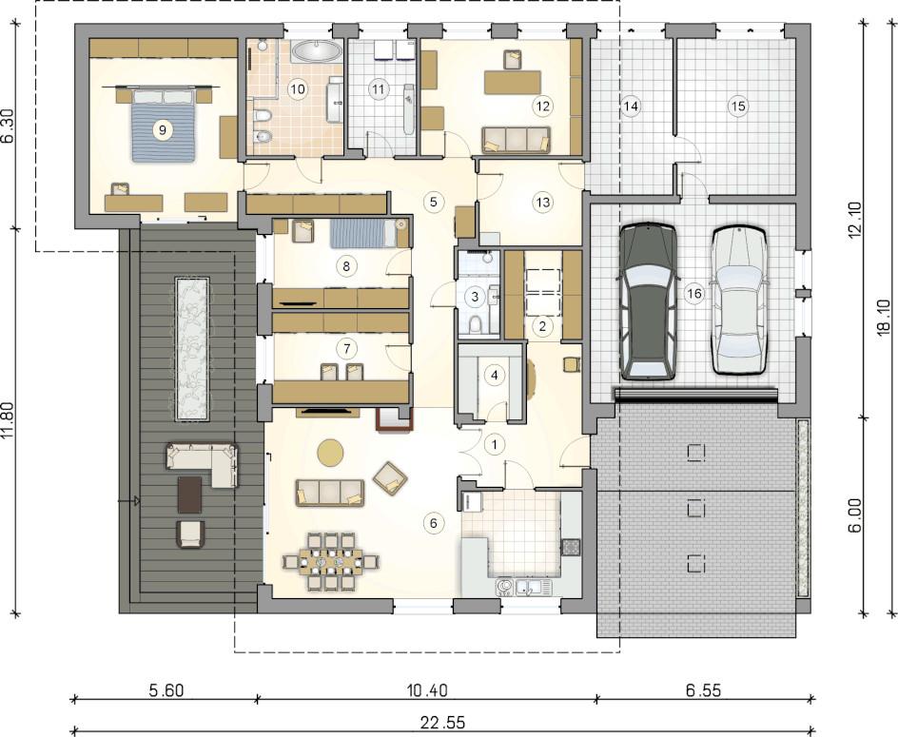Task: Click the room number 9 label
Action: tap(163, 130)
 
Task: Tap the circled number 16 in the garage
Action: tap(693, 294)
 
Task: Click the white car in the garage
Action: tap(739, 301)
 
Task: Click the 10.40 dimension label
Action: tap(427, 690)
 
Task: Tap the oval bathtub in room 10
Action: tap(316, 51)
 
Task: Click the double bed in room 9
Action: tap(164, 125)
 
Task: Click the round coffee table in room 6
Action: tap(330, 452)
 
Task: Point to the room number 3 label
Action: tap(475, 297)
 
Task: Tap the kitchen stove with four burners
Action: tap(571, 547)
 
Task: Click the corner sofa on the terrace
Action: tap(203, 463)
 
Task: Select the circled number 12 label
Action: tap(542, 106)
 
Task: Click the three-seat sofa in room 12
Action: tap(516, 141)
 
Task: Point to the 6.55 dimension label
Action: tap(704, 690)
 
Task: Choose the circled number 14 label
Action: tap(631, 106)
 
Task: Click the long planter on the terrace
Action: tap(192, 349)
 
